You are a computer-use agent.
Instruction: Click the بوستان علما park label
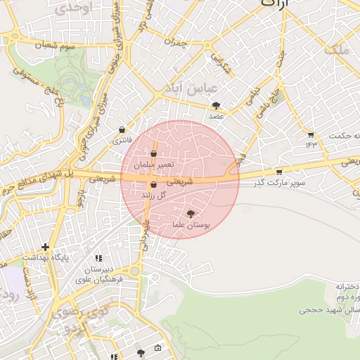click(191, 225)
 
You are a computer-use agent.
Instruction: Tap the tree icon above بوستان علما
click(191, 214)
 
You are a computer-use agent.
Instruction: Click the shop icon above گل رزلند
click(153, 185)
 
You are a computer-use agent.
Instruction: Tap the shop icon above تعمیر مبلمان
click(153, 153)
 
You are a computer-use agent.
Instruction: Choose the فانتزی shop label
click(122, 141)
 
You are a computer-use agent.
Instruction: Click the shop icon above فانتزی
click(123, 130)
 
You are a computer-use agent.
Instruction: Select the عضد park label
click(216, 116)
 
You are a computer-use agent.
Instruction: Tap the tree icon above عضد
click(216, 105)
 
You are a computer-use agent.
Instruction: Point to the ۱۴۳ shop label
click(311, 144)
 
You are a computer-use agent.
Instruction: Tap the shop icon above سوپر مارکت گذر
click(280, 172)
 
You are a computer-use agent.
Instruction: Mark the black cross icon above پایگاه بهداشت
click(46, 247)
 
